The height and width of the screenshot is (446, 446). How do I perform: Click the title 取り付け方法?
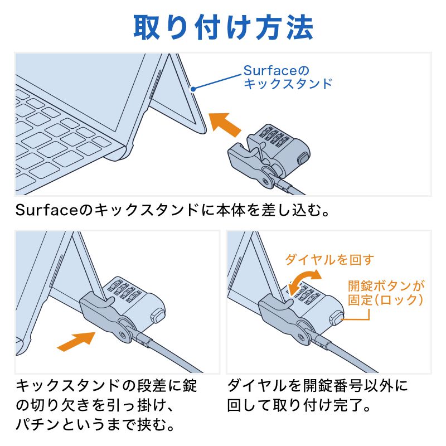tap(223, 27)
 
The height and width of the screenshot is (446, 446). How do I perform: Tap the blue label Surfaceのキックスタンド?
tap(287, 77)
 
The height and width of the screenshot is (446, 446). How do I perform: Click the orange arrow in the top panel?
tap(225, 124)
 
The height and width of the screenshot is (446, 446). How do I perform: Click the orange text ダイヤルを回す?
tap(329, 259)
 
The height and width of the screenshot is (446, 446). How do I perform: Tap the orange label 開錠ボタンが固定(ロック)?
tap(386, 293)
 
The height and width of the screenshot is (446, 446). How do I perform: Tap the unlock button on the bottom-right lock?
tap(336, 318)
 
